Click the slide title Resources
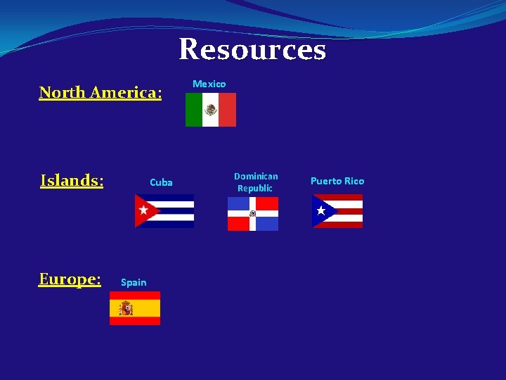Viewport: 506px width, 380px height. click(252, 50)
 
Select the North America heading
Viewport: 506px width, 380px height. click(100, 92)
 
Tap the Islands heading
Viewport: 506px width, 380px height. click(72, 181)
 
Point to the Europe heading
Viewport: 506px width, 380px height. click(70, 279)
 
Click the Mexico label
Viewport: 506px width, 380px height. click(209, 84)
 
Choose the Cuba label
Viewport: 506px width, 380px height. click(161, 182)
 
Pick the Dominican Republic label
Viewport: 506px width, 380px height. click(256, 182)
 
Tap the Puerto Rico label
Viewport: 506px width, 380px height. click(337, 181)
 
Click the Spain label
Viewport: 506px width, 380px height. click(134, 282)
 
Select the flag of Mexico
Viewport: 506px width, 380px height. click(211, 110)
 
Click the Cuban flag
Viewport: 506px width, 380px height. click(164, 211)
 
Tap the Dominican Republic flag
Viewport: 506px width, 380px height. click(253, 214)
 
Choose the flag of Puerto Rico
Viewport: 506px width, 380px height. click(337, 211)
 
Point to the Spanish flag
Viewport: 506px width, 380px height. click(135, 308)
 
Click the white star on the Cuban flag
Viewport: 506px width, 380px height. click(144, 210)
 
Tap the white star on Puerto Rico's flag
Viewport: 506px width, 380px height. click(321, 210)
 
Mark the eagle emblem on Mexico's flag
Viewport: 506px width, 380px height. click(211, 110)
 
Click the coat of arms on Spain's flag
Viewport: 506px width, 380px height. click(126, 308)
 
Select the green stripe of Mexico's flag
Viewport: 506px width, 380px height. click(193, 110)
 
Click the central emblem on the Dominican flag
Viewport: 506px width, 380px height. click(253, 214)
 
